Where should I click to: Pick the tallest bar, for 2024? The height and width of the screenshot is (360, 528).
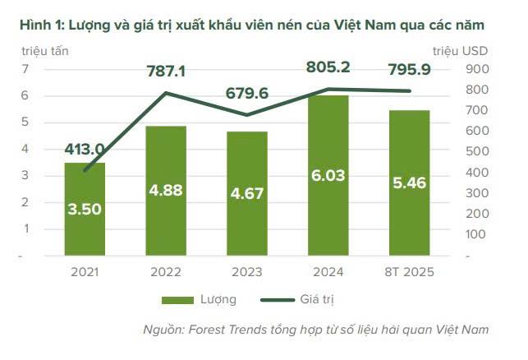pos(328,176)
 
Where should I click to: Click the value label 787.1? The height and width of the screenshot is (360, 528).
pos(167,72)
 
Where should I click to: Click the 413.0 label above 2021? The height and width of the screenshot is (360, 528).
pos(85,149)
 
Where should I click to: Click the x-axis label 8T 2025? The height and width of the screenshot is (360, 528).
pos(409,272)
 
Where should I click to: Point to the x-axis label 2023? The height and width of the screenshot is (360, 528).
pos(247,272)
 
